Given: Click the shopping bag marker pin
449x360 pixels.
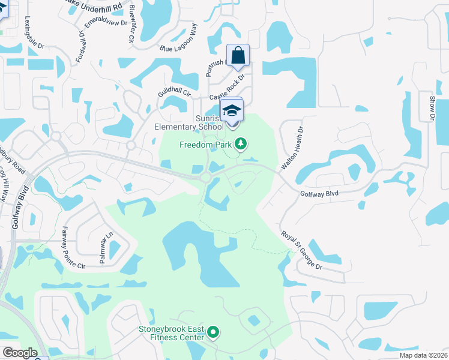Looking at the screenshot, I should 238,55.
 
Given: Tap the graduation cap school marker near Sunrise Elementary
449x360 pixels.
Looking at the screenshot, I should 232,110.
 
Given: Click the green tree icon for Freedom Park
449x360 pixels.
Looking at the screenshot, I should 240,143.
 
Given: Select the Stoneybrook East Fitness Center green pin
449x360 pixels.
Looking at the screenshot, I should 213,332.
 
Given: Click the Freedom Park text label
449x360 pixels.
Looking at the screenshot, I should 205,145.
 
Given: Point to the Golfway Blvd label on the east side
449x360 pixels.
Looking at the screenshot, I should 319,193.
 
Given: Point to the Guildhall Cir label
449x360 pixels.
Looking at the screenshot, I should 173,94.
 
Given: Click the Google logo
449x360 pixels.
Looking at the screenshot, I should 19,353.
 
